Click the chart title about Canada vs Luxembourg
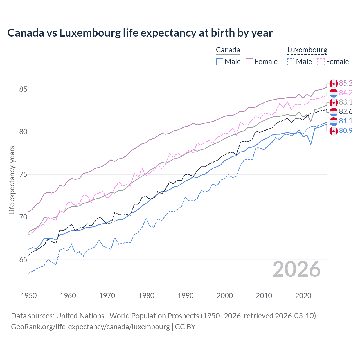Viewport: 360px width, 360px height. tap(140, 33)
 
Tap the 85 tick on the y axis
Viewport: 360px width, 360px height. tap(23, 89)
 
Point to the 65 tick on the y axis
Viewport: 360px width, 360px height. tap(23, 260)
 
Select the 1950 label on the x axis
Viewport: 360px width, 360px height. tap(29, 296)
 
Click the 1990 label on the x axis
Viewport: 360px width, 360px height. tap(186, 296)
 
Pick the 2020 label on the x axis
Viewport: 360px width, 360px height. tap(303, 296)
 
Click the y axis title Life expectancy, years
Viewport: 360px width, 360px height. tap(12, 180)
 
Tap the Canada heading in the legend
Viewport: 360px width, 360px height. tap(228, 50)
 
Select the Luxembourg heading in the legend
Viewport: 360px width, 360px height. tap(307, 50)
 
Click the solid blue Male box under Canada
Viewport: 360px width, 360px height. tap(220, 62)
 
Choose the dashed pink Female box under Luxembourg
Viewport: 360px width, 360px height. tap(321, 62)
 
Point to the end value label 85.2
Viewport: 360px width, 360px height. tap(346, 83)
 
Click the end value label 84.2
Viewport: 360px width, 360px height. tap(346, 93)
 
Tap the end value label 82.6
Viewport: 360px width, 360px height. tap(346, 112)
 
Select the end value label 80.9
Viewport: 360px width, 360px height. tap(346, 130)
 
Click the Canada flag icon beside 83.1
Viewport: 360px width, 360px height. tap(334, 102)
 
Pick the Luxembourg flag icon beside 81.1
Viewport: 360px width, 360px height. tap(334, 121)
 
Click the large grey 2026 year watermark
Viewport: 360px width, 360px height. tap(297, 269)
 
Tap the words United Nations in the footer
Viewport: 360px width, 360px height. tap(80, 316)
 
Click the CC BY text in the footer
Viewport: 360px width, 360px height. tap(185, 327)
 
